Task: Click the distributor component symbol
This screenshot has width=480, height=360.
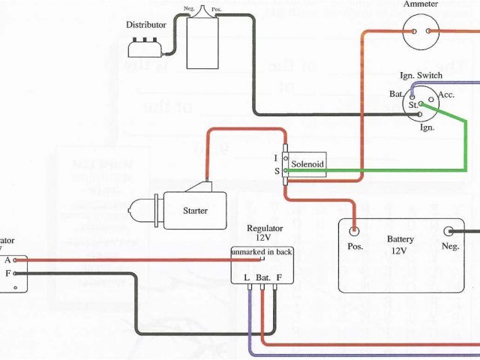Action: coord(144,48)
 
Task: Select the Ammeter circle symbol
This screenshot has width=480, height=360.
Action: coord(421,31)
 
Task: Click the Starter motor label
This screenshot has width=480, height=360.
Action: coord(195,211)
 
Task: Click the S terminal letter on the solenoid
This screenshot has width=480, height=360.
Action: coord(277,172)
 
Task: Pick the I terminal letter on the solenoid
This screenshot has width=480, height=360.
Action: coord(277,158)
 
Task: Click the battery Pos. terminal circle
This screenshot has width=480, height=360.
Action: coord(355,230)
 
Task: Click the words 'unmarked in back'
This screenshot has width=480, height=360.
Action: coord(262,252)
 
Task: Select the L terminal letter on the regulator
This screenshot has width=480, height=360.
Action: coord(247,277)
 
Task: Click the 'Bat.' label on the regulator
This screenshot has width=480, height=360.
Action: coord(262,277)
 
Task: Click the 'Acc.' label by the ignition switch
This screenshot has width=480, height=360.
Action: coord(446,94)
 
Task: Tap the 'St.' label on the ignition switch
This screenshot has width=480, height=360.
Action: coord(413,106)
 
